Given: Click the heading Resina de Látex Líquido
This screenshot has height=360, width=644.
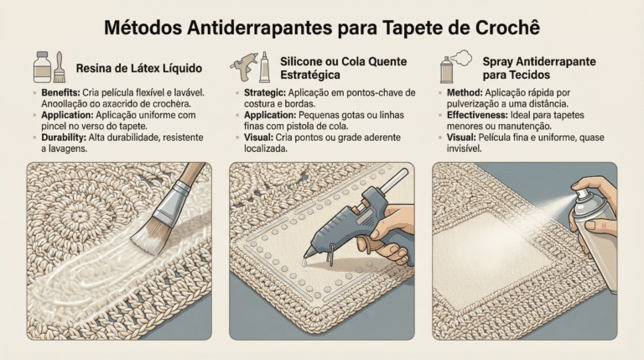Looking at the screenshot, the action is tap(139, 68).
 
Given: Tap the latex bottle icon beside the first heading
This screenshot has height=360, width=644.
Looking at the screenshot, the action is tap(42, 67).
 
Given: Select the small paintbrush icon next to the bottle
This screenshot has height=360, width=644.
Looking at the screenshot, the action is tap(60, 67).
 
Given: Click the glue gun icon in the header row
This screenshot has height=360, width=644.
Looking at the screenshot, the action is tap(244, 65).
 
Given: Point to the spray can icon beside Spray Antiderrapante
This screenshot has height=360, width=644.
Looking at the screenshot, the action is tap(446, 70).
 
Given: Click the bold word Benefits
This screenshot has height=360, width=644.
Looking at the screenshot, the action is tap(60, 93).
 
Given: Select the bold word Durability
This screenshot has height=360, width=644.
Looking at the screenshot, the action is tap(64, 138).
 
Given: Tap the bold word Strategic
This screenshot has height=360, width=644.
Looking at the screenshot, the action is tap(265, 93).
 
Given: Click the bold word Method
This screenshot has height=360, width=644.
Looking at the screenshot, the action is tap(465, 93).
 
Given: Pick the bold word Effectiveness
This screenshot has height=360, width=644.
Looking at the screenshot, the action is tap(477, 115).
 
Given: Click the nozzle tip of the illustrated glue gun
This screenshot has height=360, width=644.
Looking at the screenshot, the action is tap(305, 256).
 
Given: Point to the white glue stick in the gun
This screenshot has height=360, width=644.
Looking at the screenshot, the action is tap(392, 180).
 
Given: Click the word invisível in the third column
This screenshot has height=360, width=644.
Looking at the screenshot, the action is tap(464, 149).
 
